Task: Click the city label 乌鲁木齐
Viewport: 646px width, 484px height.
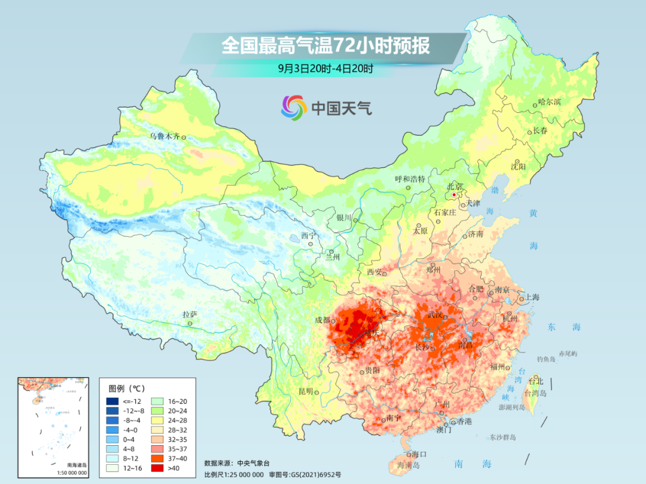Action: point(164,136)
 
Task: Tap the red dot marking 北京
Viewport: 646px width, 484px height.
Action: point(454,195)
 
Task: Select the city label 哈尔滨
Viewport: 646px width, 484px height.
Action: point(549,103)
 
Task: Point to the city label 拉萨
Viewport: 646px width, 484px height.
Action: point(189,314)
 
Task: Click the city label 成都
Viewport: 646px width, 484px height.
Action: point(322,320)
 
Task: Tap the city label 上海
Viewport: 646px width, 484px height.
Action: point(532,297)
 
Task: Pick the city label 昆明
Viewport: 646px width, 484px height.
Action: point(305,391)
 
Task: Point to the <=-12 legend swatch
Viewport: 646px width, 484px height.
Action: point(112,401)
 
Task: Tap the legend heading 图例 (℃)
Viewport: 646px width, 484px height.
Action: point(127,388)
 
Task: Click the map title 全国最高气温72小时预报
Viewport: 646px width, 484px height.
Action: point(325,45)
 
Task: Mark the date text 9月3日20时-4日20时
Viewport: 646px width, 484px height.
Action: point(325,68)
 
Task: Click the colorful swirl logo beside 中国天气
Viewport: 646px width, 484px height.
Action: point(294,108)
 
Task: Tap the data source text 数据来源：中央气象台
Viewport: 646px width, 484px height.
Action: point(234,462)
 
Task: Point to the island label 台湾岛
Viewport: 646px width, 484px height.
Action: point(535,393)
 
